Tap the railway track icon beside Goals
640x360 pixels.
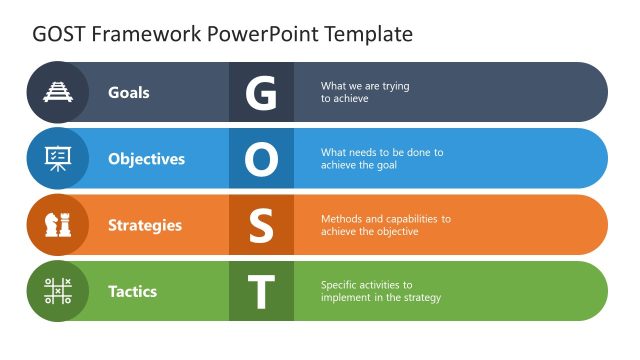[x=57, y=92]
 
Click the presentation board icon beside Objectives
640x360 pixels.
[x=57, y=158]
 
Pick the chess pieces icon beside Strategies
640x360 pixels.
[x=57, y=225]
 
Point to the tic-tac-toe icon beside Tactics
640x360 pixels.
[x=57, y=291]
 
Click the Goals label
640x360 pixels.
[x=129, y=92]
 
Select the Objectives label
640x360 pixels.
[x=146, y=158]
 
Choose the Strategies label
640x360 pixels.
[x=145, y=225]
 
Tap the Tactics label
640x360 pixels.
[x=132, y=291]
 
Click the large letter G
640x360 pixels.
[x=261, y=92]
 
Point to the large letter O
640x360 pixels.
[x=261, y=158]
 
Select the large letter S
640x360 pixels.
[x=261, y=225]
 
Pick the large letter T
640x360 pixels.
[x=261, y=291]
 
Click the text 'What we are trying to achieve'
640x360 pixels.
[x=365, y=92]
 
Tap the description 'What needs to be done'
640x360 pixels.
[x=381, y=158]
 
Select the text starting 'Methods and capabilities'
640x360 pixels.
[x=385, y=225]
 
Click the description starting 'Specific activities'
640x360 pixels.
[x=380, y=291]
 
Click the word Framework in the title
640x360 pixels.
[x=146, y=34]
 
